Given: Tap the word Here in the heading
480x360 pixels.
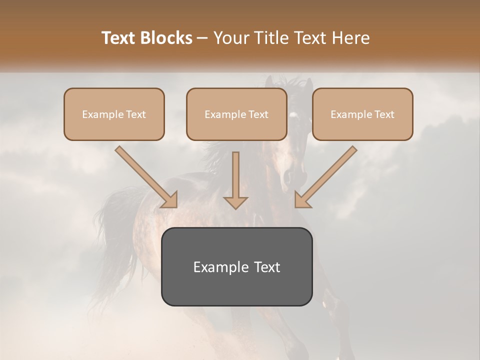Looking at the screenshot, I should click(x=350, y=38).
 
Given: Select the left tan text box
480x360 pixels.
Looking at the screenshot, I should click(x=114, y=114).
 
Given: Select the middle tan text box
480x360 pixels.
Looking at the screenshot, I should click(x=236, y=114).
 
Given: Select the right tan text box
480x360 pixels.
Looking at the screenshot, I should click(x=362, y=114).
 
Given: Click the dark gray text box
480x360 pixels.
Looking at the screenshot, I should click(x=236, y=266).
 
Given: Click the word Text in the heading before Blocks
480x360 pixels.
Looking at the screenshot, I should click(x=119, y=38).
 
